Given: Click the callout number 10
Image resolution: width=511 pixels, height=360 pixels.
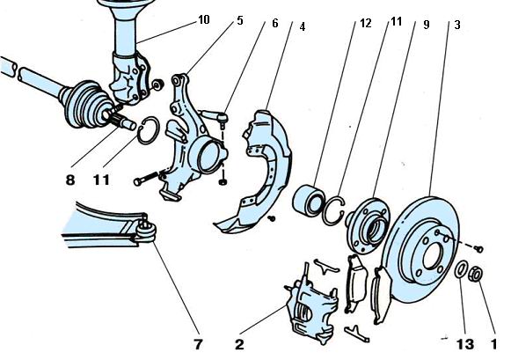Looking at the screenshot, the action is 204,20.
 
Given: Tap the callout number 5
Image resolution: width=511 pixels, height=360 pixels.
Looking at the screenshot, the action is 240,20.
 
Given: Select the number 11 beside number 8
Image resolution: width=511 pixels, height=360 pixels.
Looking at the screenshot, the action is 101,180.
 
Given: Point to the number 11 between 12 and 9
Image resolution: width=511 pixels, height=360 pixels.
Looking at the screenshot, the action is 397,21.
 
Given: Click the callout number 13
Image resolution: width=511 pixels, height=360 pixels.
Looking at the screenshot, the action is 465,344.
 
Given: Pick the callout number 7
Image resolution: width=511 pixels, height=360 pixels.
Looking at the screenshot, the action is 199,344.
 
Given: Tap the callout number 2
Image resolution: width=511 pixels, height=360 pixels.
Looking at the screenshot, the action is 239,344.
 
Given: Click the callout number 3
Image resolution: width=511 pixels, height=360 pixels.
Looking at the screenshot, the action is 457,25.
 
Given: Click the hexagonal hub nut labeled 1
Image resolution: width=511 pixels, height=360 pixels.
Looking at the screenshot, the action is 476,274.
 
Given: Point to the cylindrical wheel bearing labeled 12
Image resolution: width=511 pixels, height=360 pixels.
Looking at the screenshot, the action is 309,199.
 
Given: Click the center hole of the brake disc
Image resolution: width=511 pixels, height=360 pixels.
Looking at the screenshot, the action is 433,255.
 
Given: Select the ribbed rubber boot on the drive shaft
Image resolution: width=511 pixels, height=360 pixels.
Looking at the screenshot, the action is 85,104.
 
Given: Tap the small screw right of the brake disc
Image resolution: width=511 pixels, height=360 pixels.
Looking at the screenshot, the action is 478,249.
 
